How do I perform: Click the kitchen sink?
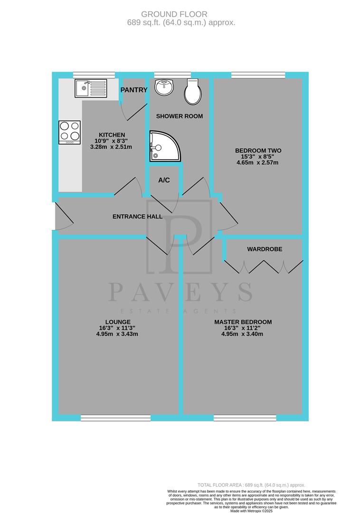[x=90, y=88]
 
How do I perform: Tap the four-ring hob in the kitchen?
[x=69, y=133]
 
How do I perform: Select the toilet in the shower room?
[x=193, y=92]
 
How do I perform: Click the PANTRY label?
[x=133, y=90]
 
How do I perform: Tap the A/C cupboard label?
[x=164, y=180]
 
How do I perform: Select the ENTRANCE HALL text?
[x=137, y=217]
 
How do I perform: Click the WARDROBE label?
[x=264, y=249]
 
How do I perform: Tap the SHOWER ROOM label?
[x=180, y=116]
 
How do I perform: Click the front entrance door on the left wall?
[x=56, y=216]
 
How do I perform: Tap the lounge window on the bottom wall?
[x=115, y=418]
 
